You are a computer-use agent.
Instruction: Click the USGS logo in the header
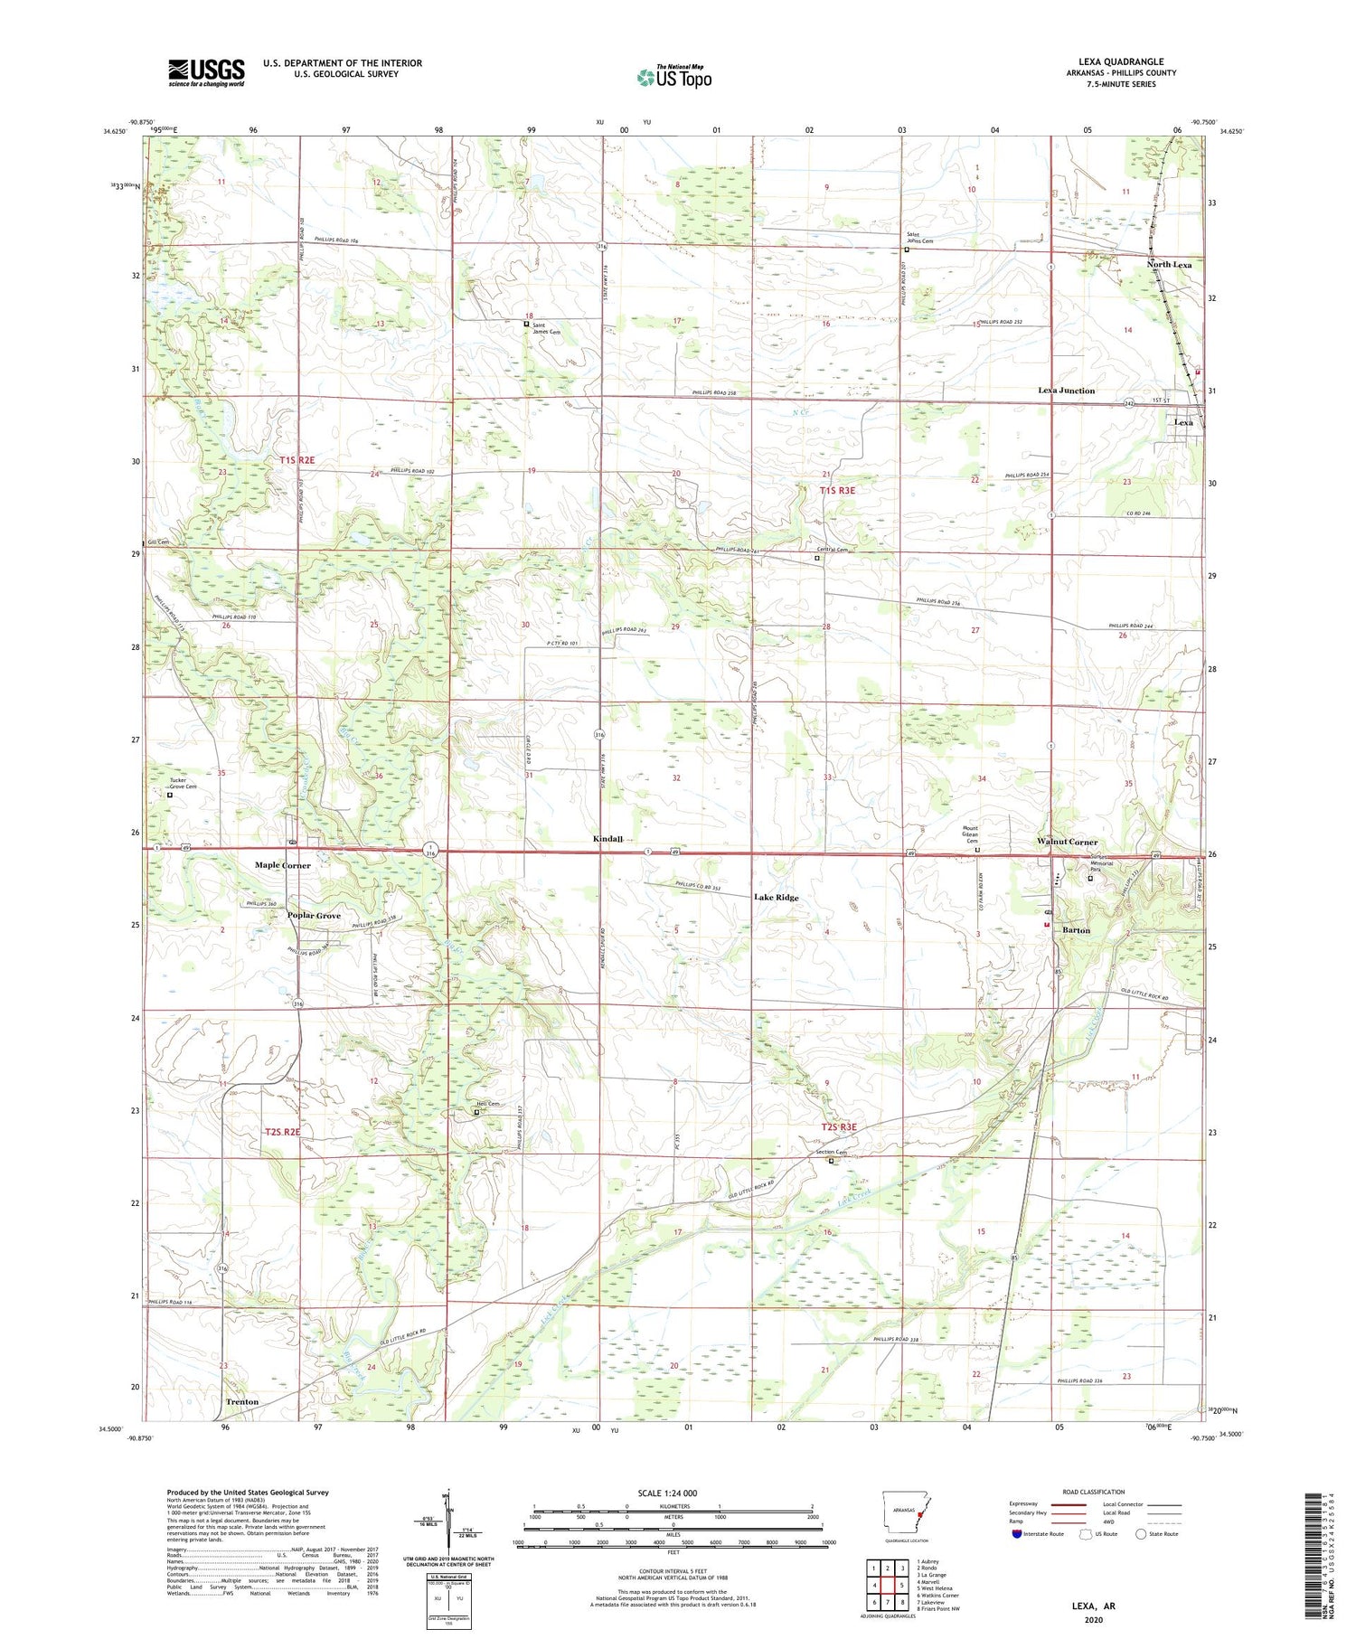(x=206, y=72)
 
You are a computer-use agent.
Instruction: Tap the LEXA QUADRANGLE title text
(x=1120, y=62)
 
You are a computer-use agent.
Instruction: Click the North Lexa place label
(x=1169, y=265)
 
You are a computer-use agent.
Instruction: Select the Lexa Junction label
(x=1066, y=391)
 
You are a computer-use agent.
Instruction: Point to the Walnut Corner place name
(x=1067, y=842)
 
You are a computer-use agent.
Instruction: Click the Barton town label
(x=1076, y=930)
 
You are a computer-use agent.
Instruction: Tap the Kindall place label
(x=607, y=839)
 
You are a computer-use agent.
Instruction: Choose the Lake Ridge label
(x=776, y=897)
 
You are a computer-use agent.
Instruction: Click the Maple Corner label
(x=282, y=865)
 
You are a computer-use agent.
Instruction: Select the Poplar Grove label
(x=314, y=916)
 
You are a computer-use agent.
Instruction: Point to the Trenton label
(x=241, y=1402)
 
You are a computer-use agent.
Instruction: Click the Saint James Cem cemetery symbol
(x=526, y=324)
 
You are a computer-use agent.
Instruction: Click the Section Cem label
(x=831, y=1152)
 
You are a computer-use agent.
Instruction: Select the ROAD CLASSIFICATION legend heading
(x=1094, y=1492)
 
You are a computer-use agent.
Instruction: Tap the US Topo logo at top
(x=673, y=78)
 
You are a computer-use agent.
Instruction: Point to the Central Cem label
(x=833, y=550)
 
